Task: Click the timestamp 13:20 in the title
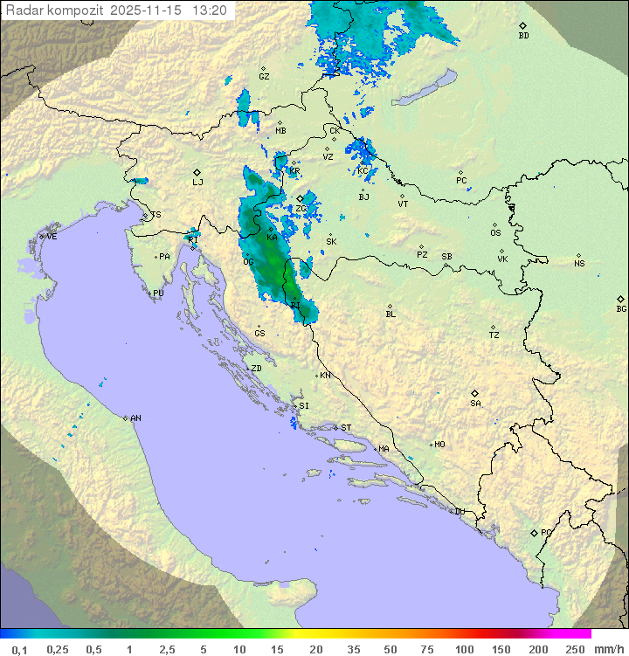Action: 210,10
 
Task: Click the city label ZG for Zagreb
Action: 301,209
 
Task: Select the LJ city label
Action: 197,182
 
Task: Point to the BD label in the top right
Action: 523,36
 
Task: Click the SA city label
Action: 475,404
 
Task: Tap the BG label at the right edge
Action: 621,308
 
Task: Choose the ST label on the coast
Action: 346,428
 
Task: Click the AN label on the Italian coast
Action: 135,418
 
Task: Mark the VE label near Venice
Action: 52,237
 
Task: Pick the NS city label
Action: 579,264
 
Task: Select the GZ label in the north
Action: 264,77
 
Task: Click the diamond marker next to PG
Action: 534,532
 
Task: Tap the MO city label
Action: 439,445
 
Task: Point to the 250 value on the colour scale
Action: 575,649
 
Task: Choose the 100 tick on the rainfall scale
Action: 464,649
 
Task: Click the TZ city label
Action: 494,335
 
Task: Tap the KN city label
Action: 325,376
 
